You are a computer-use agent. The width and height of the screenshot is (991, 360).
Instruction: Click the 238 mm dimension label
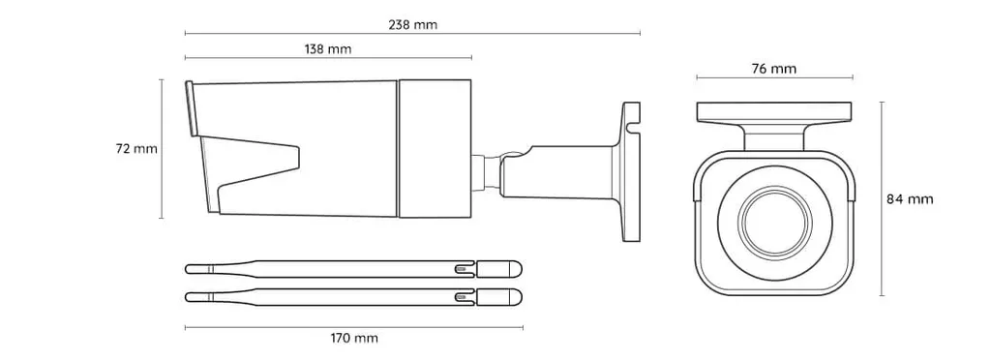click(412, 25)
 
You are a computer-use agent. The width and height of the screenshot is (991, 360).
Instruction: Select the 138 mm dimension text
click(327, 49)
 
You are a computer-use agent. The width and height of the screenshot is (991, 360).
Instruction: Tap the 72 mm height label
click(135, 149)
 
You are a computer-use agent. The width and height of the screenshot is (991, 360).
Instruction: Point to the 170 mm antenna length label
click(354, 339)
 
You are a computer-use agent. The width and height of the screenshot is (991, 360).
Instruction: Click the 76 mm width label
click(774, 69)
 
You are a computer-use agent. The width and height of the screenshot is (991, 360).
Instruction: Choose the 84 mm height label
click(910, 199)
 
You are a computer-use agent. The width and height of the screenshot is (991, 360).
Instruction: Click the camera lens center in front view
click(775, 223)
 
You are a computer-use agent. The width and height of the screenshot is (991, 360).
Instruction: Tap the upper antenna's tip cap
click(499, 268)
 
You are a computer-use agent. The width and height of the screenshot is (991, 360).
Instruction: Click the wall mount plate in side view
click(631, 172)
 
